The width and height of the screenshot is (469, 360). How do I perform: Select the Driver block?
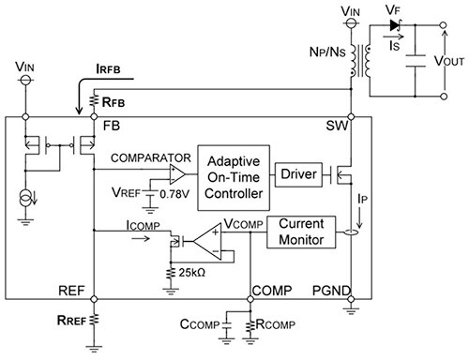(297, 172)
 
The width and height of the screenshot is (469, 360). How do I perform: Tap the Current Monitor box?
(300, 234)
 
